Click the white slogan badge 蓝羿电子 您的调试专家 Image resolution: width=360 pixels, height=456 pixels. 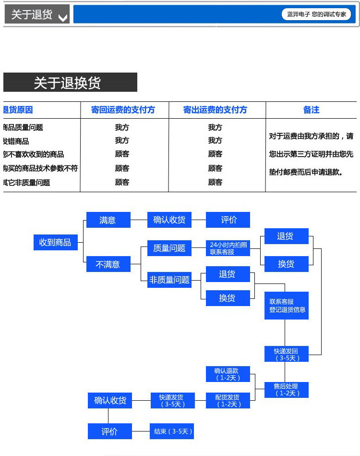pyautogui.click(x=316, y=14)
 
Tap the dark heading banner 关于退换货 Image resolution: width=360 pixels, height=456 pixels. pyautogui.click(x=70, y=82)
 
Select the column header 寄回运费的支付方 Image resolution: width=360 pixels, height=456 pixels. pyautogui.click(x=123, y=110)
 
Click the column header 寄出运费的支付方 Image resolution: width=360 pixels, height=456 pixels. pyautogui.click(x=215, y=110)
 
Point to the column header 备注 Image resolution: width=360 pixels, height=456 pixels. pyautogui.click(x=311, y=110)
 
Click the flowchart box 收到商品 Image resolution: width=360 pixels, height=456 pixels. pyautogui.click(x=55, y=243)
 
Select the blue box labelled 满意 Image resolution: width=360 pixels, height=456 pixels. pyautogui.click(x=108, y=220)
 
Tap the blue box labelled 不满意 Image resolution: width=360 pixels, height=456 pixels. pyautogui.click(x=108, y=264)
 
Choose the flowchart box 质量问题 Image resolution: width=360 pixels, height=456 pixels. pyautogui.click(x=169, y=248)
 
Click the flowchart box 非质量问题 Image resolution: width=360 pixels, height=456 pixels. pyautogui.click(x=169, y=280)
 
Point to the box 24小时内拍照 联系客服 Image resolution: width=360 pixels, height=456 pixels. pyautogui.click(x=228, y=248)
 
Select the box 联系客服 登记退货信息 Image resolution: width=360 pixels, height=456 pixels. pyautogui.click(x=287, y=306)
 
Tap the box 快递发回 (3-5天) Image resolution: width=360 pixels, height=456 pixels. pyautogui.click(x=287, y=355)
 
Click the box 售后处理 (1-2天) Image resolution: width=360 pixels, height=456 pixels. pyautogui.click(x=287, y=390)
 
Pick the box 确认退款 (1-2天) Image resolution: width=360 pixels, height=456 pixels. pyautogui.click(x=228, y=374)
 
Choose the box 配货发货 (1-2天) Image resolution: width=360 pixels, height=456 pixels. pyautogui.click(x=228, y=401)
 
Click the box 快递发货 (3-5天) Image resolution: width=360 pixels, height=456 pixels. pyautogui.click(x=171, y=401)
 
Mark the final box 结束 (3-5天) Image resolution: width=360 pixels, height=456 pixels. pyautogui.click(x=171, y=431)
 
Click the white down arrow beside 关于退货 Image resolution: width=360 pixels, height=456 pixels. pyautogui.click(x=62, y=18)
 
